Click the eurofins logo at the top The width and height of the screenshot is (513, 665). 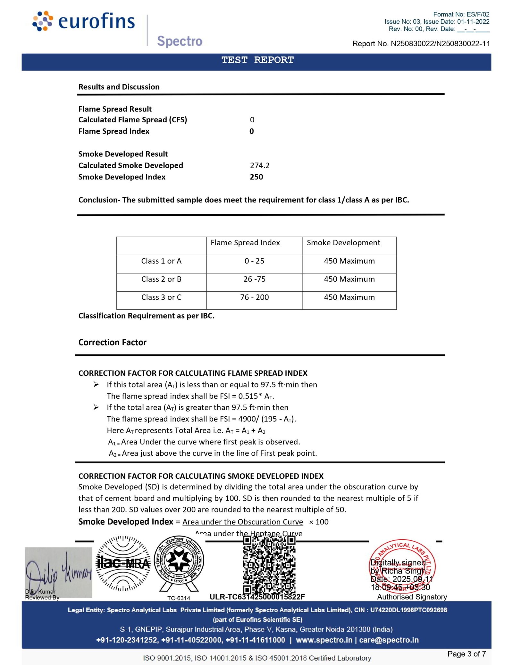pyautogui.click(x=84, y=21)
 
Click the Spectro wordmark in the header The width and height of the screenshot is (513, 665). pyautogui.click(x=180, y=41)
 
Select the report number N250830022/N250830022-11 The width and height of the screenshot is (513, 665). pyautogui.click(x=421, y=44)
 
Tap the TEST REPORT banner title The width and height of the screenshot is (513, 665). pyautogui.click(x=257, y=60)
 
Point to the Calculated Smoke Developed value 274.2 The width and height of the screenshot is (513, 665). pyautogui.click(x=260, y=165)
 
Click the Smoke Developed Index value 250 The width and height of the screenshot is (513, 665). pyautogui.click(x=256, y=177)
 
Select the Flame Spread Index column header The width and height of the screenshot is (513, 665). pyautogui.click(x=245, y=243)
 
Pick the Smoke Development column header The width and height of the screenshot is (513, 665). pyautogui.click(x=343, y=243)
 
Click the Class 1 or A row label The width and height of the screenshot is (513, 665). pyautogui.click(x=161, y=261)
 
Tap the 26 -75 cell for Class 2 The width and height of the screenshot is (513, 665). pyautogui.click(x=254, y=279)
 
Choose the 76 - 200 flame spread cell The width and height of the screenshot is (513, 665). pyautogui.click(x=254, y=297)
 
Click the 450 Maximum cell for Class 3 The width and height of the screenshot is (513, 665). pyautogui.click(x=349, y=297)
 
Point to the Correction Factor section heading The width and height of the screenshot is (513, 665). pyautogui.click(x=112, y=342)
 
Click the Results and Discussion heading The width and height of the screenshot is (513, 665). pyautogui.click(x=119, y=87)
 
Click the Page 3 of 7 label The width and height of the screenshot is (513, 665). pyautogui.click(x=467, y=654)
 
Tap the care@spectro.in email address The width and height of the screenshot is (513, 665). pyautogui.click(x=389, y=640)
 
